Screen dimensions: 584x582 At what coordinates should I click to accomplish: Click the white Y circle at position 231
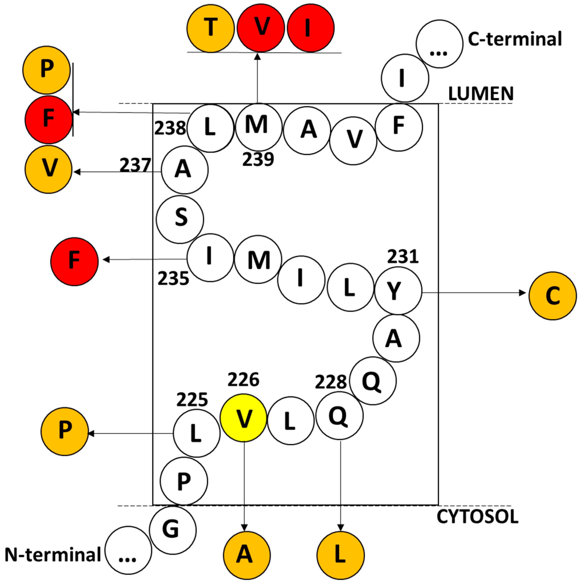click(398, 291)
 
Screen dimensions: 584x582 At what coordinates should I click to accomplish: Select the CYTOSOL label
click(477, 517)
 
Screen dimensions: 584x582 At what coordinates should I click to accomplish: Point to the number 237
click(135, 165)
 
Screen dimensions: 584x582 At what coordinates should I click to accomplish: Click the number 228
click(331, 382)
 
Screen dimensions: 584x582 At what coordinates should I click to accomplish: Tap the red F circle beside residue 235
click(74, 261)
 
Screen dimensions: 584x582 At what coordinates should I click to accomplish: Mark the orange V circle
click(48, 169)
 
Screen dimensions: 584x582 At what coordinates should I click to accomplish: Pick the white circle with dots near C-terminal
click(439, 44)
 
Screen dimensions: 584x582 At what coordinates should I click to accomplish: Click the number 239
click(258, 159)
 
